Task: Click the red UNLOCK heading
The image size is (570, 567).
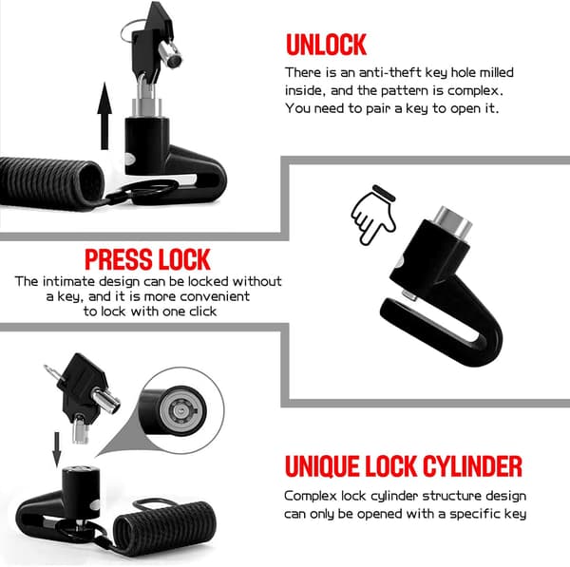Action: [x=326, y=45]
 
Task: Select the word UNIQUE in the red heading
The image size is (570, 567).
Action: [x=322, y=466]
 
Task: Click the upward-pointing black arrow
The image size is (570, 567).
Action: [x=104, y=116]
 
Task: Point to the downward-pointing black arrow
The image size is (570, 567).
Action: [x=57, y=449]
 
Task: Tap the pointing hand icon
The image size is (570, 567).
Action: [x=374, y=215]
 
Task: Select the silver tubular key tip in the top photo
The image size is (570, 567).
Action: [x=171, y=54]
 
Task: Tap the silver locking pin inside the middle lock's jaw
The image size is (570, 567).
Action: [x=408, y=296]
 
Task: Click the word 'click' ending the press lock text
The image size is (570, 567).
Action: [x=202, y=312]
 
